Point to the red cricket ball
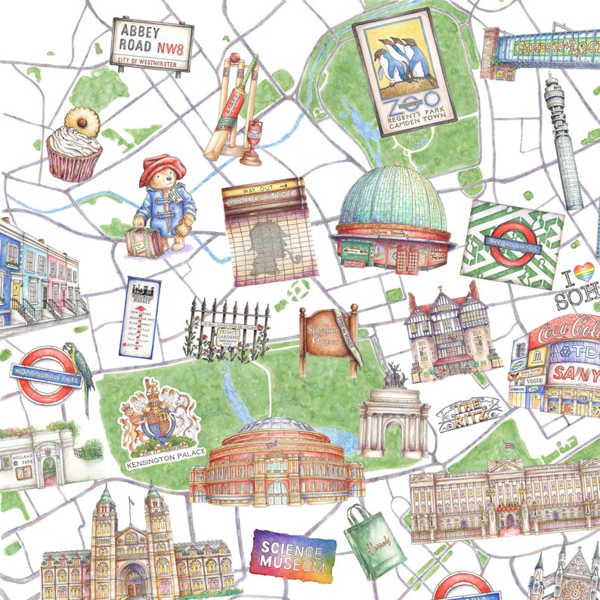(235, 57)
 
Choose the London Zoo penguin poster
(405, 72)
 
